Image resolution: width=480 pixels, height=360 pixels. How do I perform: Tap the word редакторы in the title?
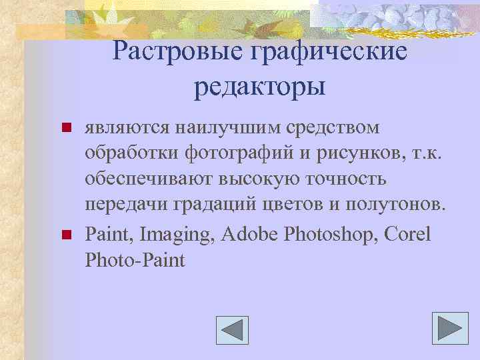(260, 87)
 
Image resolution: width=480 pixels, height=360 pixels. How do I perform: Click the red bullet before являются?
(65, 127)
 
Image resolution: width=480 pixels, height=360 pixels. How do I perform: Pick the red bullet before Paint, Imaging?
(65, 234)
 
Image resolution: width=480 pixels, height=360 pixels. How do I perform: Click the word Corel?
(407, 234)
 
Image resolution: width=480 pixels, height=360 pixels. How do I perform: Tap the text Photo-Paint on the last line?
(135, 260)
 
